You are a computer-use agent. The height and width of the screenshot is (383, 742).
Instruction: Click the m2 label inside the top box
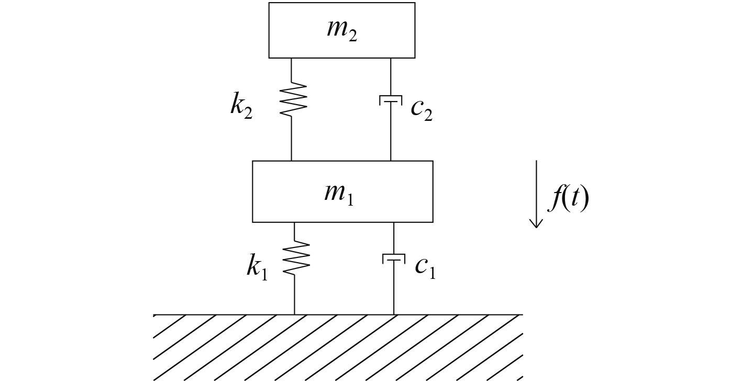342,30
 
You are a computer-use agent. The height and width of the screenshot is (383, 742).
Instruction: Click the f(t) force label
569,199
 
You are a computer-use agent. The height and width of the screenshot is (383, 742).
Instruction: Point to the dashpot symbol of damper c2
391,99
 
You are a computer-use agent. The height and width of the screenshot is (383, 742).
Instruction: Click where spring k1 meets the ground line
294,314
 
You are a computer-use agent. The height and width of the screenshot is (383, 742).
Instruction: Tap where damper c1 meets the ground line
394,314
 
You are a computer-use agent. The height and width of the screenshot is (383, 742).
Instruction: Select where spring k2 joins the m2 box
292,58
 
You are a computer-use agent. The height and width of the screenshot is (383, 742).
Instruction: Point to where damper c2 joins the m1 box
391,161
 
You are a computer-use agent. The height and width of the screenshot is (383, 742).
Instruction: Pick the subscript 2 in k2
248,112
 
